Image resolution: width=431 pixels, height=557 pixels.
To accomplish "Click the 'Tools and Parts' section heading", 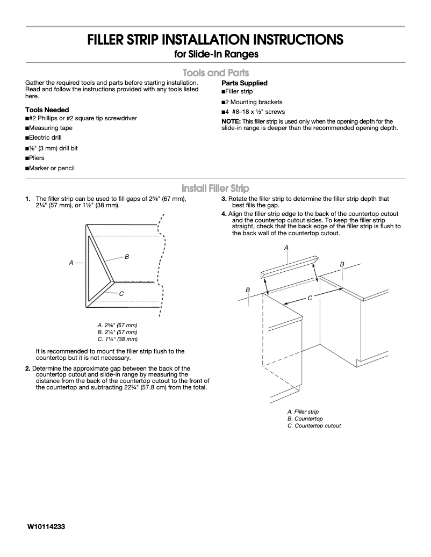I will coord(215,73).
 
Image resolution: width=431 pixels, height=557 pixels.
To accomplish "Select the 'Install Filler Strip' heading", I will coord(215,188).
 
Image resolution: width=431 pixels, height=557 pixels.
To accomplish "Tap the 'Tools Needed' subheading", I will coord(47,110).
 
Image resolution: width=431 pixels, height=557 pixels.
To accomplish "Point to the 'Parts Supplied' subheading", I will coord(244,83).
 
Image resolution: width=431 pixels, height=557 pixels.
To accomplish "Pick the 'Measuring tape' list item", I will coord(50,128).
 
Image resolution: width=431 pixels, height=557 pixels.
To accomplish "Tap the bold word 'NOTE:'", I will coord(232,121).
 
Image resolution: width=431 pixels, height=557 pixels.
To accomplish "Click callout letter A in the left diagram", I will coord(71,263).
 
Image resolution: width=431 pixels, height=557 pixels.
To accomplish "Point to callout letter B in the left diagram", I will coord(127,257).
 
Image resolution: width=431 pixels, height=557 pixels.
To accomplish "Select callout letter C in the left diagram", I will coord(121,293).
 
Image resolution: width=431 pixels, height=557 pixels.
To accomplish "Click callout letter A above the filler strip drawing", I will coord(286,247).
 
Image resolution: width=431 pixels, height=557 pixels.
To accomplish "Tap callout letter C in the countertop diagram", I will coord(310,298).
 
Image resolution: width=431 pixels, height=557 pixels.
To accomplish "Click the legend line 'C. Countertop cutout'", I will coord(314,425).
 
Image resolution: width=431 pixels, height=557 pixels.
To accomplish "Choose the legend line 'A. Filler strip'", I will coord(303,411).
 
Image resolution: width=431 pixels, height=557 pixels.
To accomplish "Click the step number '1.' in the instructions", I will coord(28,199).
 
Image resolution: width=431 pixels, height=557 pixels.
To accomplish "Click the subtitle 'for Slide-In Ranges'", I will coord(215,54).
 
